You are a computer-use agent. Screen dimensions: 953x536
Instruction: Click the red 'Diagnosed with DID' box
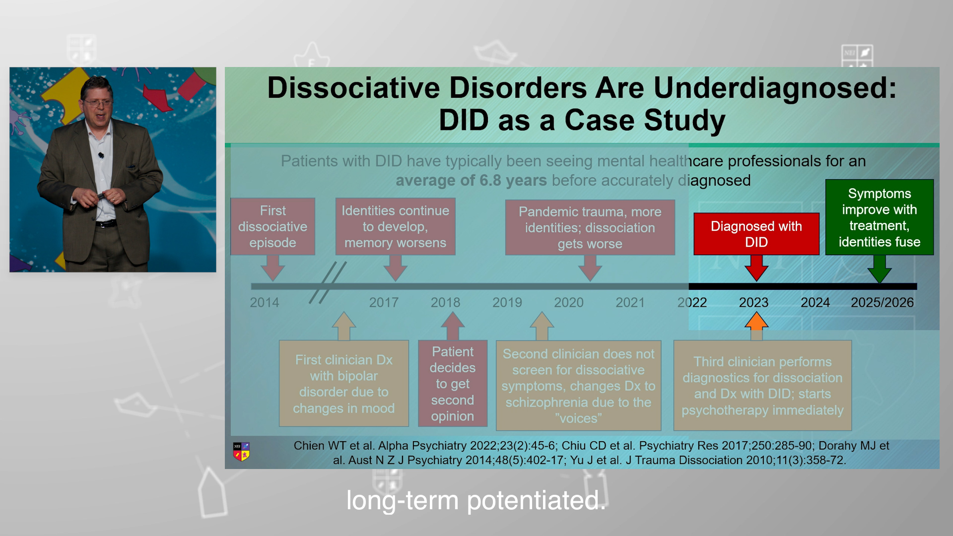tap(756, 234)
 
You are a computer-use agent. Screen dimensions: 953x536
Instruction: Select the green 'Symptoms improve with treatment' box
tap(879, 217)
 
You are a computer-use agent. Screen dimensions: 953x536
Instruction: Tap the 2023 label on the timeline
tap(753, 302)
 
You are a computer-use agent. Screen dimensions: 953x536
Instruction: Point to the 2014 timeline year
tap(264, 302)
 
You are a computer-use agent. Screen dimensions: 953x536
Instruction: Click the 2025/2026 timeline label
tap(882, 302)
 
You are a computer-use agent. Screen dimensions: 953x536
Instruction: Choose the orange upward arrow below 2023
tap(756, 326)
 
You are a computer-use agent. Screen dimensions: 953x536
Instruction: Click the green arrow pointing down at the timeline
tap(880, 269)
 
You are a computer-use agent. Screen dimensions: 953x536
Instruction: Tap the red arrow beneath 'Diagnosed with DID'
tap(756, 268)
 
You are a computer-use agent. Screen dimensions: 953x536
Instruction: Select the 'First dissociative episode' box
tap(272, 227)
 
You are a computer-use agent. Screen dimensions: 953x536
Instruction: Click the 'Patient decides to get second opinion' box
tap(453, 384)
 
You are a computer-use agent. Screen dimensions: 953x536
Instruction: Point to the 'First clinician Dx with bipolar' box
tap(343, 384)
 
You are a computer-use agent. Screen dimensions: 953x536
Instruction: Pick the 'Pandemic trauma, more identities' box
tap(590, 227)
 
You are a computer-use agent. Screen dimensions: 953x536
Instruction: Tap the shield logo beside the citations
tap(241, 452)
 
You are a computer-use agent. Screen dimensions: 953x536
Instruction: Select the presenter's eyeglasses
tap(98, 103)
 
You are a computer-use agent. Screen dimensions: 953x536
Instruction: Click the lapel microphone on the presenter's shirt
tap(101, 155)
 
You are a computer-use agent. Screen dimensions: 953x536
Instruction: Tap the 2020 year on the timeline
tap(568, 302)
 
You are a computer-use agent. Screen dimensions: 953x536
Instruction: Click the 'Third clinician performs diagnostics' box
tap(762, 386)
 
